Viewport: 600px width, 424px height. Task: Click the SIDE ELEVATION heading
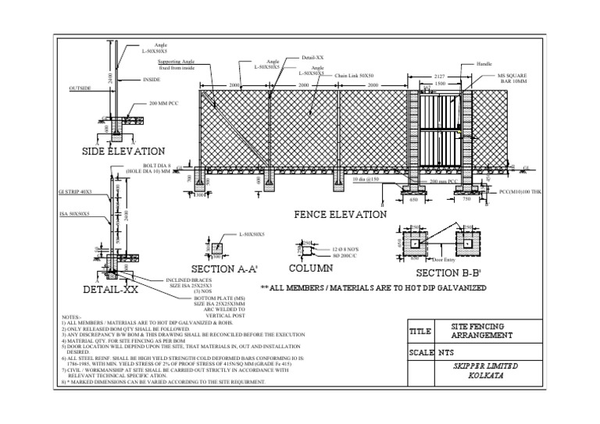pos(123,151)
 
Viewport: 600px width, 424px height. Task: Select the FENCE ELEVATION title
pos(340,214)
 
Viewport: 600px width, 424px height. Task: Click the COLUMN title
pos(311,269)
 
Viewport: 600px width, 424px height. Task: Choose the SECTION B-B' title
pos(449,273)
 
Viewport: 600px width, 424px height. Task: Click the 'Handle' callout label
pos(484,62)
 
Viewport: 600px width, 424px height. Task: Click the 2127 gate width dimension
pos(439,76)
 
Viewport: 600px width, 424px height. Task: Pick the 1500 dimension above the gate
pos(440,83)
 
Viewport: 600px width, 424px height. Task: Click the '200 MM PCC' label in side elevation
pos(164,102)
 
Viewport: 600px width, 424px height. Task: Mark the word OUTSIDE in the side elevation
pos(80,88)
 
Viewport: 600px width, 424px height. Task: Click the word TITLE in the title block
pos(420,331)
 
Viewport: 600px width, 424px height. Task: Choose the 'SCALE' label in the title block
pos(421,352)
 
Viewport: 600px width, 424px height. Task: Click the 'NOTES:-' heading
pos(71,317)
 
